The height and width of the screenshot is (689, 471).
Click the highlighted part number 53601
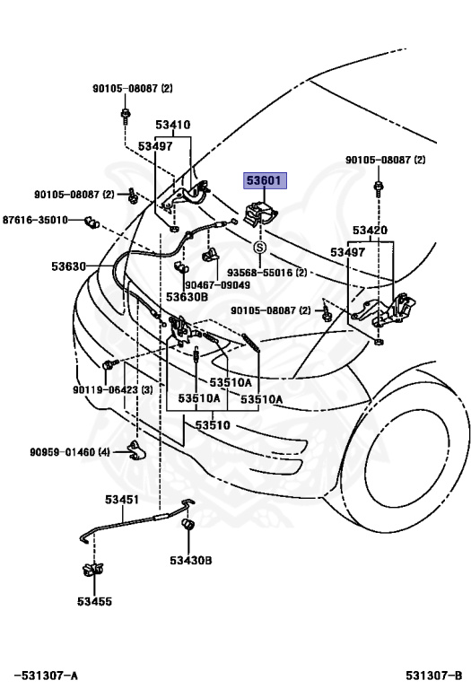click(x=265, y=180)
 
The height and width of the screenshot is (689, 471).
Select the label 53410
click(x=172, y=126)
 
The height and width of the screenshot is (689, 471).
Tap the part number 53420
click(x=370, y=231)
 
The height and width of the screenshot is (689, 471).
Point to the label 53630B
click(x=187, y=296)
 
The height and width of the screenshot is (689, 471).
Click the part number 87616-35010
click(x=35, y=220)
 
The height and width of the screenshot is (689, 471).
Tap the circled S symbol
click(x=260, y=247)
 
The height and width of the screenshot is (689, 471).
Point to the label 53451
click(x=121, y=499)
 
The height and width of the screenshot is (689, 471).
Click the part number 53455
click(x=94, y=601)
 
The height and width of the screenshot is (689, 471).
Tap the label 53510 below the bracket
click(x=214, y=424)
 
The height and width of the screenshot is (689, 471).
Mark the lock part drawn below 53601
click(x=260, y=216)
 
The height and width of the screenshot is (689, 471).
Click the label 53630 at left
click(x=68, y=266)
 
